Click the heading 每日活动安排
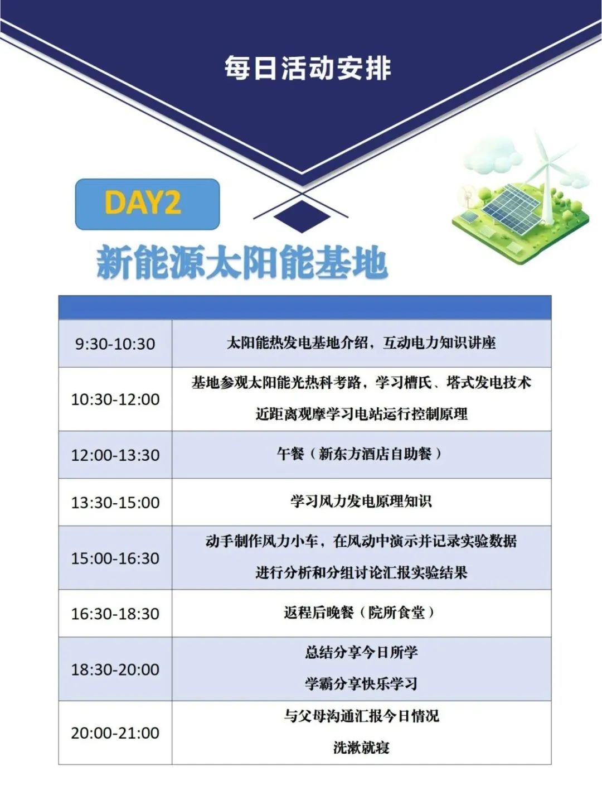coord(307,69)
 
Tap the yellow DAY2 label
coord(143,203)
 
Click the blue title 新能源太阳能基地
coord(242,263)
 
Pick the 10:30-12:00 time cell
coord(115,399)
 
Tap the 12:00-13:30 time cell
coord(115,455)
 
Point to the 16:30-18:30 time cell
coord(115,614)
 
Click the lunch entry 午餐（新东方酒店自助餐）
coord(361,455)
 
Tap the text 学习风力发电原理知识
coord(361,502)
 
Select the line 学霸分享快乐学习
coord(361,683)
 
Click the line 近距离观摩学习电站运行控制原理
coord(361,414)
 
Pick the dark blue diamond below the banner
coord(302,216)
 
